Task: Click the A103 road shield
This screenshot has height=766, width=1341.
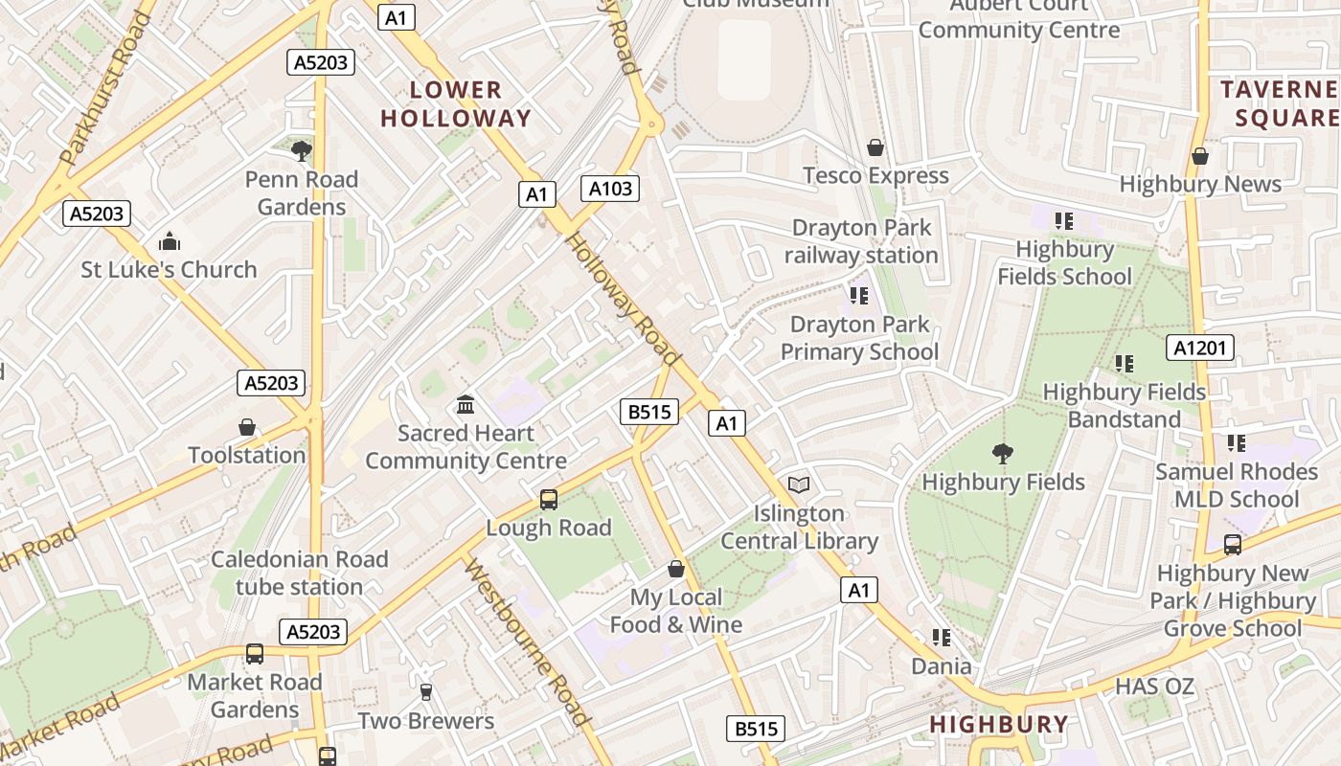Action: [610, 189]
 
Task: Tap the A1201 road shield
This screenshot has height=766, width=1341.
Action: [1200, 348]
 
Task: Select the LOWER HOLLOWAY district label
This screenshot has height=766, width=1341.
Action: [456, 104]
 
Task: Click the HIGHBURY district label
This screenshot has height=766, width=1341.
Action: [999, 724]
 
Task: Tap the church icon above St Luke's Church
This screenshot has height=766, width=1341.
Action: [170, 240]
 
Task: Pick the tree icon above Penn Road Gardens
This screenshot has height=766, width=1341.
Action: [302, 150]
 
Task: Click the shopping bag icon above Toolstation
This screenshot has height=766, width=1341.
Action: [247, 426]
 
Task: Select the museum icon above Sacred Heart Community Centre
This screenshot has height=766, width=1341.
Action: [466, 404]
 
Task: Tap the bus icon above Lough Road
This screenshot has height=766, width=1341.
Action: [549, 499]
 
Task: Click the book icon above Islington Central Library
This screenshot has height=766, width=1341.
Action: [799, 484]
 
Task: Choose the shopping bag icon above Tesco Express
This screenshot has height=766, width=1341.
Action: [875, 147]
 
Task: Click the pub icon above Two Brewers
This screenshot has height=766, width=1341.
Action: [426, 691]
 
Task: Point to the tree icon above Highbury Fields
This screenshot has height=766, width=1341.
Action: [1003, 453]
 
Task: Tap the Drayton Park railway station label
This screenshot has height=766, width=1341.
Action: [861, 241]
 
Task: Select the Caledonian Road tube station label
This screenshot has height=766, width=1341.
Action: [300, 573]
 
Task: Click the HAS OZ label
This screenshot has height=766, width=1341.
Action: [1154, 686]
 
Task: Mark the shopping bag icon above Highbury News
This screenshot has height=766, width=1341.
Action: [1200, 155]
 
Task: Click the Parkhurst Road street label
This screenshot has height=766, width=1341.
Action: [104, 88]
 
